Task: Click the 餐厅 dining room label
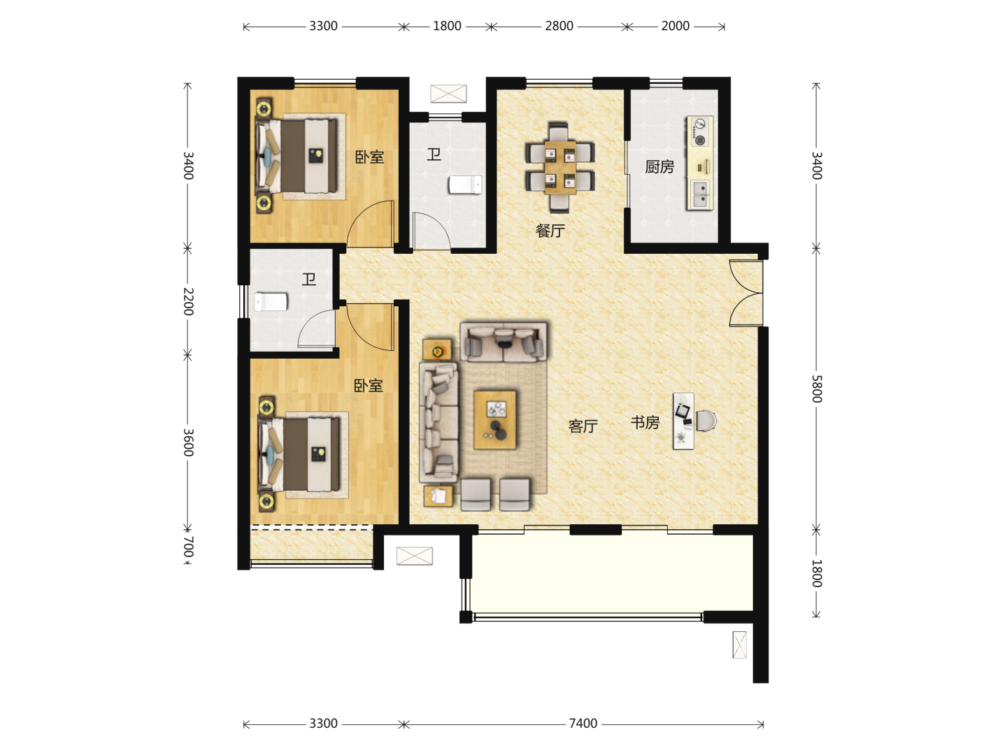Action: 550,231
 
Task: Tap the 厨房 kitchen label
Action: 659,167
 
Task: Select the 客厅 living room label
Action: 583,426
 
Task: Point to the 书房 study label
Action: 645,422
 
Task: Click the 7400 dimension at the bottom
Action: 583,724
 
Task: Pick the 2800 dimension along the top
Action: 559,26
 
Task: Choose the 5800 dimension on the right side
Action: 817,389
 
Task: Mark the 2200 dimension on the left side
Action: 188,301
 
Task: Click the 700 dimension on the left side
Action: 188,547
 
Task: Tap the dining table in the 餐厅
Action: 560,167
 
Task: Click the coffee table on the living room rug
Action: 495,420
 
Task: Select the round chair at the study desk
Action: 706,421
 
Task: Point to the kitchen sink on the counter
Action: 700,194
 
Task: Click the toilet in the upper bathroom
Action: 465,185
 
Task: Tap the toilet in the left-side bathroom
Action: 271,302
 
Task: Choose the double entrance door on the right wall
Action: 746,294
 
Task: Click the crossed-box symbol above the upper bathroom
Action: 448,94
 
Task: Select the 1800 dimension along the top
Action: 447,26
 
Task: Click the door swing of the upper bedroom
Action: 371,223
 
